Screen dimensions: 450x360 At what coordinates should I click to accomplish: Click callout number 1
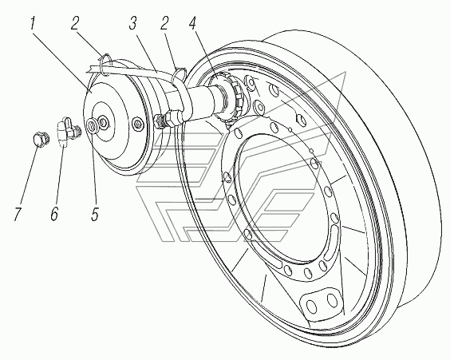pos(32,24)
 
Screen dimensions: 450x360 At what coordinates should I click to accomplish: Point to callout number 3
pos(132,23)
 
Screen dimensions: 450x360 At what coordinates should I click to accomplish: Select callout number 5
pos(95,214)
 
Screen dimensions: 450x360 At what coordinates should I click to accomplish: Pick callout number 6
pos(54,214)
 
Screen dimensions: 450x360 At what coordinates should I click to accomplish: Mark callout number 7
pos(18,214)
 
